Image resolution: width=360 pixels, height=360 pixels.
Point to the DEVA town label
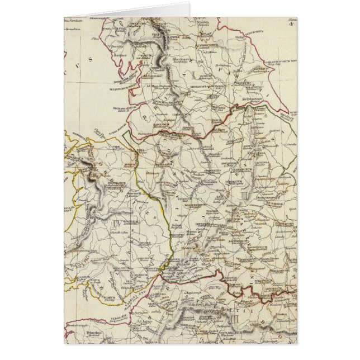tap(142, 150)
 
